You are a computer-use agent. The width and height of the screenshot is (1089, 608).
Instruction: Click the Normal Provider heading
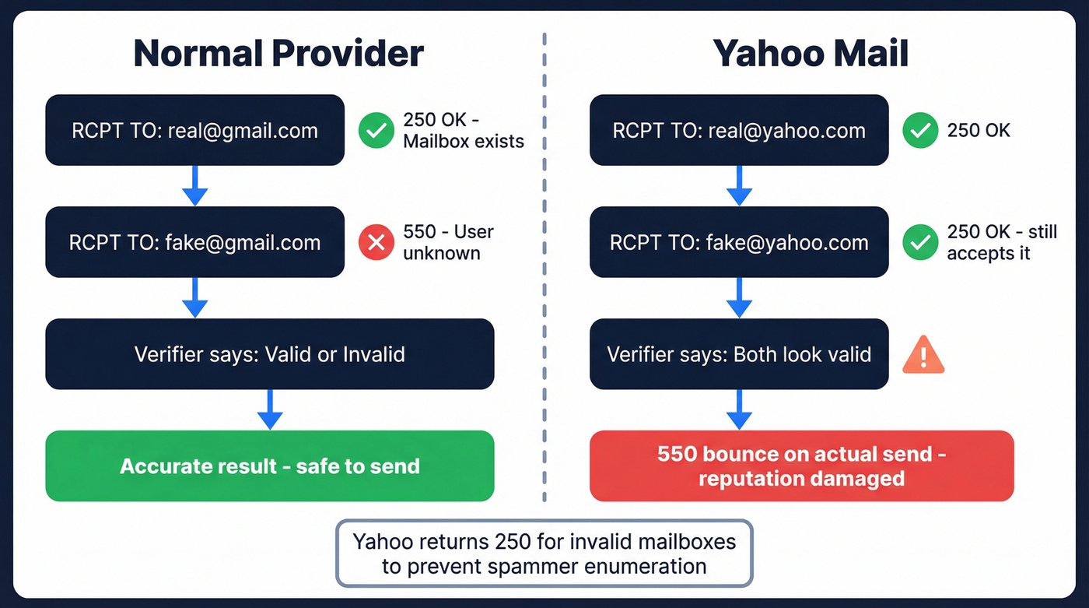pyautogui.click(x=278, y=54)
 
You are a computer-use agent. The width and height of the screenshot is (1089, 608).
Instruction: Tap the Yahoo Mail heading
pyautogui.click(x=811, y=54)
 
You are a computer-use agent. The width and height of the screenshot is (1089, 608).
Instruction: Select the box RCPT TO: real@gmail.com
pyautogui.click(x=194, y=130)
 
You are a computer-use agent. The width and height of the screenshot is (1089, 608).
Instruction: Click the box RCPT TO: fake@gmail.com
pyautogui.click(x=194, y=242)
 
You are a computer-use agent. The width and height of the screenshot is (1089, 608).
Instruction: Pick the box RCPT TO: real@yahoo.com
pyautogui.click(x=738, y=130)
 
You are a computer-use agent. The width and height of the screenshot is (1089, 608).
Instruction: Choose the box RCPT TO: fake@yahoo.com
pyautogui.click(x=738, y=242)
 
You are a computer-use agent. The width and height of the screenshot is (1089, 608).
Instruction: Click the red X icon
pyautogui.click(x=376, y=243)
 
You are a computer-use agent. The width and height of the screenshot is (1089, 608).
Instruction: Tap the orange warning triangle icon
pyautogui.click(x=923, y=357)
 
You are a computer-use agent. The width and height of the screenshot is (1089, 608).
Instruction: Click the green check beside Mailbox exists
pyautogui.click(x=376, y=131)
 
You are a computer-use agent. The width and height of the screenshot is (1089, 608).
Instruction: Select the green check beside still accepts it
pyautogui.click(x=920, y=243)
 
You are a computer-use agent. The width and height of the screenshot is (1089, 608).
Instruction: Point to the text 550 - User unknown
pyautogui.click(x=448, y=242)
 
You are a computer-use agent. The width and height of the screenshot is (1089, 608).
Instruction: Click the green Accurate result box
pyautogui.click(x=269, y=466)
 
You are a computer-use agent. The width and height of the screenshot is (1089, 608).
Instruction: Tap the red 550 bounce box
pyautogui.click(x=801, y=466)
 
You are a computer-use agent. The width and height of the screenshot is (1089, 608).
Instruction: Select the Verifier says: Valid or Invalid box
pyautogui.click(x=269, y=354)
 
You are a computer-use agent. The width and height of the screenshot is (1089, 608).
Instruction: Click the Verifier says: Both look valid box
pyautogui.click(x=738, y=354)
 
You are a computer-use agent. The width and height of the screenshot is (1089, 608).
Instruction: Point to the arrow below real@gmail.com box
pyautogui.click(x=194, y=186)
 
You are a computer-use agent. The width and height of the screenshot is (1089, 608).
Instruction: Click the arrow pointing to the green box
pyautogui.click(x=269, y=409)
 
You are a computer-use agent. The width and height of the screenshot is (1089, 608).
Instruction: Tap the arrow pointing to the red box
pyautogui.click(x=738, y=409)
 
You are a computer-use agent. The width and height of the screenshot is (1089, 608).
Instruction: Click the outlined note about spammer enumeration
pyautogui.click(x=544, y=553)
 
